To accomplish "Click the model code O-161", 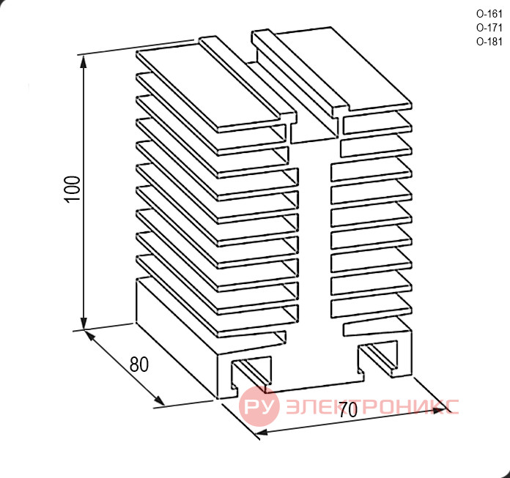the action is point(489,14).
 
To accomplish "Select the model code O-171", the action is point(489,28).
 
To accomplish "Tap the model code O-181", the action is point(489,42).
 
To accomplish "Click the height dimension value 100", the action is point(73,189).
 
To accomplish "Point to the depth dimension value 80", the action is point(139,365).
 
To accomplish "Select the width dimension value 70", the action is point(348,410).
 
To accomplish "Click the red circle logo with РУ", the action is point(259,406).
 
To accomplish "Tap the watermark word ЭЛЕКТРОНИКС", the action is point(372,406).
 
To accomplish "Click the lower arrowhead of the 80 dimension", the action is point(159,400).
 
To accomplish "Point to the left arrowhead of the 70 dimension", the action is point(261,433).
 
